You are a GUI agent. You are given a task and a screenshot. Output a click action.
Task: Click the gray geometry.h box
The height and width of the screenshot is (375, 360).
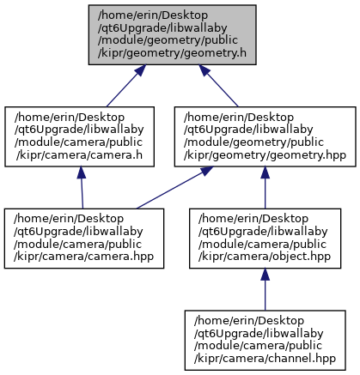click(172, 34)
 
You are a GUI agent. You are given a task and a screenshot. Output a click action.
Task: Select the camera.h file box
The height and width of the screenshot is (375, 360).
click(79, 136)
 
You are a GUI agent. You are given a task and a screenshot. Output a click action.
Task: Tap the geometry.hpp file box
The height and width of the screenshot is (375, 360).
click(265, 136)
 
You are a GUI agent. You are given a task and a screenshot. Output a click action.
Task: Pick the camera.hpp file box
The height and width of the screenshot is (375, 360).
click(84, 239)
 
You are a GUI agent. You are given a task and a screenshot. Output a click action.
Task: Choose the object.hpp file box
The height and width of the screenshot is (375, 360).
click(265, 239)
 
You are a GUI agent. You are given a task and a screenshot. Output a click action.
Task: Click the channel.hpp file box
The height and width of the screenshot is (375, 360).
click(265, 341)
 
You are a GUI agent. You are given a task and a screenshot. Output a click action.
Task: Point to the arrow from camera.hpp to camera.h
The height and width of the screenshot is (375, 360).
click(82, 188)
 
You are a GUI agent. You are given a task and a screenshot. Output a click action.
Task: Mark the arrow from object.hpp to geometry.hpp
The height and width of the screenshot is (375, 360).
click(265, 188)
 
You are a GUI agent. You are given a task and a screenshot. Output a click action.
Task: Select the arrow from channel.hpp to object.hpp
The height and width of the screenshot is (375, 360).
click(265, 289)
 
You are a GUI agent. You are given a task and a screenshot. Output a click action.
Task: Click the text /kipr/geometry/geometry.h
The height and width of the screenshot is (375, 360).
click(172, 53)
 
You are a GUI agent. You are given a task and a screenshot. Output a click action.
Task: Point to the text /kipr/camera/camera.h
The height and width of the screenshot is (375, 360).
click(79, 155)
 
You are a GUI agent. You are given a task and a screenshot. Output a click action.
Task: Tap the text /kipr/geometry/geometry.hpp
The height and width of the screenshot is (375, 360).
click(265, 155)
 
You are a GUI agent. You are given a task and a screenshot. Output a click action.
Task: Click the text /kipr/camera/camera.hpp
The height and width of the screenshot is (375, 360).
click(84, 257)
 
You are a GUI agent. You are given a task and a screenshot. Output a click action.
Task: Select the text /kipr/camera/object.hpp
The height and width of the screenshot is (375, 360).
click(265, 257)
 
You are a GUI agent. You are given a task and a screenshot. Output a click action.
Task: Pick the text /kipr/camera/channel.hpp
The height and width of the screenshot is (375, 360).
click(265, 359)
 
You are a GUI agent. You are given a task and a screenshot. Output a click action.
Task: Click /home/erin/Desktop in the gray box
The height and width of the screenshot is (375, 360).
click(153, 15)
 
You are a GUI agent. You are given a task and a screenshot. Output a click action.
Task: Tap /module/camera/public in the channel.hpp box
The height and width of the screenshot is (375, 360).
click(258, 346)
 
